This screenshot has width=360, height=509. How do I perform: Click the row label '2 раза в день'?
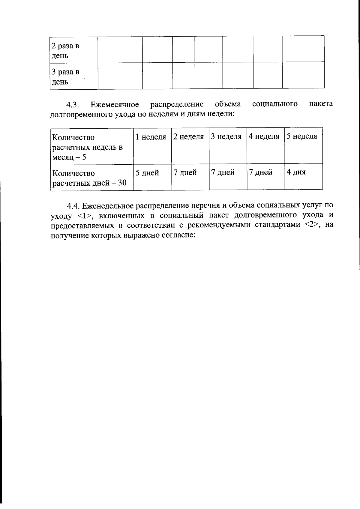tap(65, 51)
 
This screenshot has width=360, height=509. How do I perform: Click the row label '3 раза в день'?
tap(65, 76)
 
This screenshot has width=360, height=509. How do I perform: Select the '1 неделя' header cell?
tap(151, 137)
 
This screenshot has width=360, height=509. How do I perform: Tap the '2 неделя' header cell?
tap(189, 137)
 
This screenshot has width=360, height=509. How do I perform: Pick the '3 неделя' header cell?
tap(226, 137)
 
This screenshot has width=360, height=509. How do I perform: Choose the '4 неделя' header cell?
tap(264, 136)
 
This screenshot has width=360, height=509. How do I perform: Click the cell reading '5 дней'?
tap(147, 173)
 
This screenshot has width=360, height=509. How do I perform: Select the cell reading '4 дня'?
tap(296, 172)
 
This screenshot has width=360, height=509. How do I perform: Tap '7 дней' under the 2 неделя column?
tap(185, 173)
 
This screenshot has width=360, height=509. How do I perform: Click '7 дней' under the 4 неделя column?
tap(261, 172)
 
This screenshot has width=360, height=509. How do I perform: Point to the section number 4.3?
tap(72, 105)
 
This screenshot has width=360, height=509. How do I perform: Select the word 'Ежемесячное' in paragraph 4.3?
tap(115, 105)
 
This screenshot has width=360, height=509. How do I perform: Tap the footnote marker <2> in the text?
tap(311, 225)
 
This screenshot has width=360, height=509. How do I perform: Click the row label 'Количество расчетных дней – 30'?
tap(89, 178)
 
